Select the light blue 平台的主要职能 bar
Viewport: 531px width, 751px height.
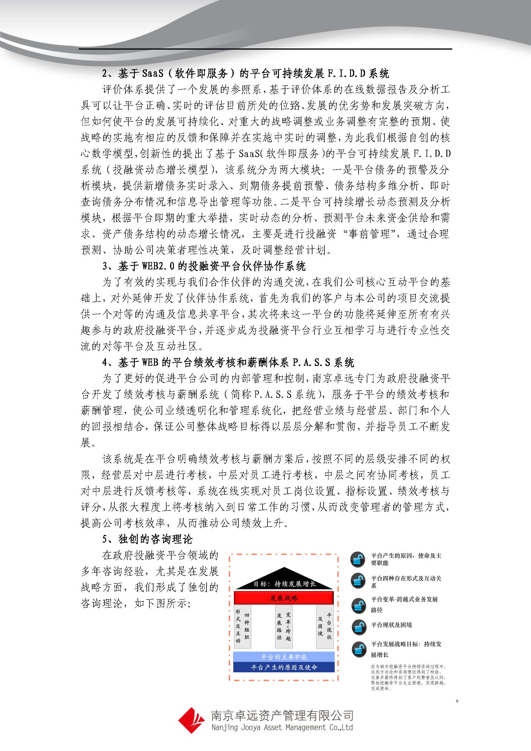pos(284,657)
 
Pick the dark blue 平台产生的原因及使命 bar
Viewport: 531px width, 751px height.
pos(284,667)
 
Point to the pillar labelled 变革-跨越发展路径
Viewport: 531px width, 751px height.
pos(284,626)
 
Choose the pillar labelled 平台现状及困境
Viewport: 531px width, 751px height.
pos(325,626)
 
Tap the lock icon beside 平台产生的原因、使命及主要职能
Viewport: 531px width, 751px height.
pos(358,559)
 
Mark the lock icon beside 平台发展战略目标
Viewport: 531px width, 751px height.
pos(359,649)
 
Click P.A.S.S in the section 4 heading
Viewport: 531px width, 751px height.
pos(311,363)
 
